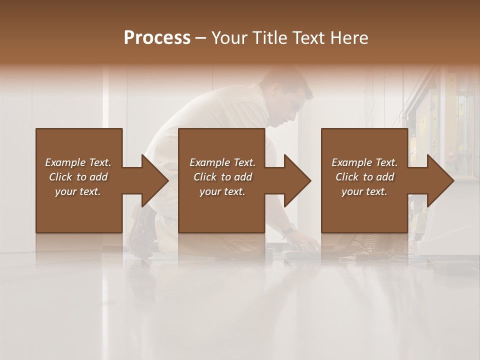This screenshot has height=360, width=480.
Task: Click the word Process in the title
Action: point(157,38)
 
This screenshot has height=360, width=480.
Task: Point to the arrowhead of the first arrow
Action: point(155,181)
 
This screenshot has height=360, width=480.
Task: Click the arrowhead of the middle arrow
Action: point(298,181)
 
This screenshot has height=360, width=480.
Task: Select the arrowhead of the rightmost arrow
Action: point(440,181)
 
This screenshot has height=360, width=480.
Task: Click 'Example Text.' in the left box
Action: point(78,162)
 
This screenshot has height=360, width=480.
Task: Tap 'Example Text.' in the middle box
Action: point(222,162)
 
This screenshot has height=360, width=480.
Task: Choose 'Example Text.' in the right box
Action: point(364,162)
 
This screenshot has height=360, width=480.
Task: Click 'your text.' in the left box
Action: point(78,191)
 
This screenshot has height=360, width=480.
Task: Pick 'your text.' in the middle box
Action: point(222,191)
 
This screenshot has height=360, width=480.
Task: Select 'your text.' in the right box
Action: point(364,191)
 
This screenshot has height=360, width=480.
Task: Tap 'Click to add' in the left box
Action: point(78,177)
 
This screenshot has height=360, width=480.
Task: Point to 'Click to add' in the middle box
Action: point(222,177)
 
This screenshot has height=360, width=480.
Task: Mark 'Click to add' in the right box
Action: point(364,177)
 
